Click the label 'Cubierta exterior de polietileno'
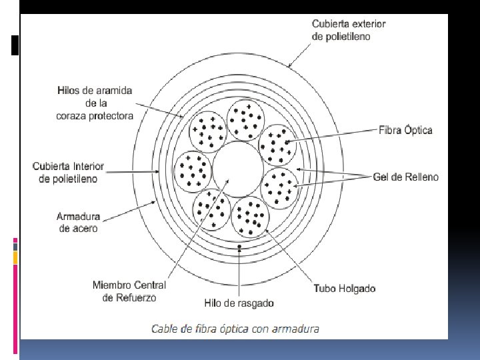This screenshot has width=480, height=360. [x=349, y=30]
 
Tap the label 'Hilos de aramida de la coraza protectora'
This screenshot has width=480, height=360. [x=94, y=103]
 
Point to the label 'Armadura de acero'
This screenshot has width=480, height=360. [x=78, y=223]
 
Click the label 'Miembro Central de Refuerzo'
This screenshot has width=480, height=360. [x=129, y=291]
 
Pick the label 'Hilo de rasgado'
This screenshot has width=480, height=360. [x=239, y=303]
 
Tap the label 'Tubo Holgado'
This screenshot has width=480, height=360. [x=344, y=289]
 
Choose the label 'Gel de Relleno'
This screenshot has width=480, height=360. [x=405, y=177]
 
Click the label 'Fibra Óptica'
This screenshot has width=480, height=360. [x=405, y=130]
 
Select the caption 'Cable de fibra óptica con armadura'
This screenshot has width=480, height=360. [x=235, y=328]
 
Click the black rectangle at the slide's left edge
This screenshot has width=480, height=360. [x=15, y=45]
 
